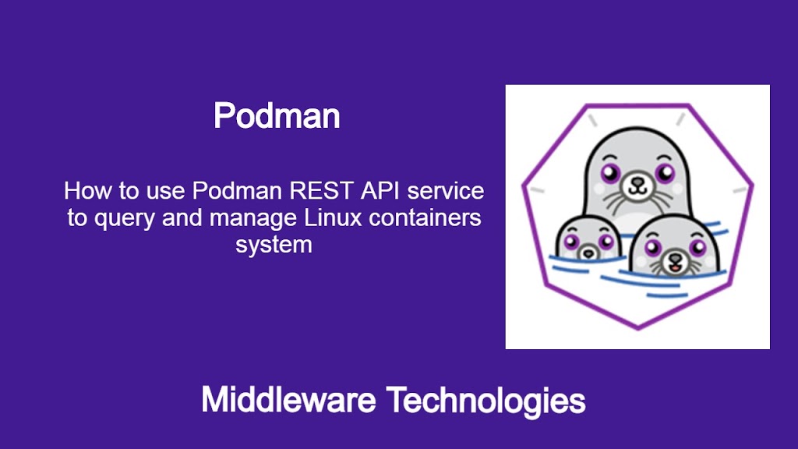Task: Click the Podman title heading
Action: pos(277,115)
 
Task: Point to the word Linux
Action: pos(333,218)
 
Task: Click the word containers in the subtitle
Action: pos(425,218)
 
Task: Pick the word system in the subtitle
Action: pos(274,245)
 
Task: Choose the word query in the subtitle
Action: pos(125,219)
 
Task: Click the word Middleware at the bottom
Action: pos(288,400)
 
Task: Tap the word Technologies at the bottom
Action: pos(486,401)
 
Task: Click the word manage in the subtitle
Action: pos(253,219)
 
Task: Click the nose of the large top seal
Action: pos(637,182)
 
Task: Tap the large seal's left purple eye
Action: pos(610,173)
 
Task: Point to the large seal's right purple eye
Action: pos(665,173)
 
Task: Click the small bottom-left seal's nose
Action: pos(589,252)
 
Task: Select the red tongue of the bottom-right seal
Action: pos(676,267)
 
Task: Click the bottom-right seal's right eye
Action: pos(697,247)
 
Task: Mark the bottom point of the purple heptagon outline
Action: pos(638,328)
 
